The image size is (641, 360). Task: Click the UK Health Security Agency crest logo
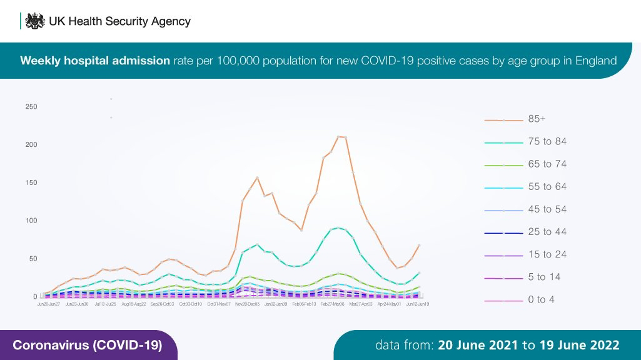pos(34,21)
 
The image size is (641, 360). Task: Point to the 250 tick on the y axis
pos(31,107)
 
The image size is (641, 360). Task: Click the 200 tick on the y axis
pos(31,145)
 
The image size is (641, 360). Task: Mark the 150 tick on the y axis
pos(31,183)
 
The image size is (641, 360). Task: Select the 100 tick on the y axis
pos(31,221)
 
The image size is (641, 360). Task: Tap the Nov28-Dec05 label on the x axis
pos(248,304)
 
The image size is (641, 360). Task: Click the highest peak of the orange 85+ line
pos(338,136)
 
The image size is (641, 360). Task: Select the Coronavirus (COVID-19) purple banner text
pos(88,345)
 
